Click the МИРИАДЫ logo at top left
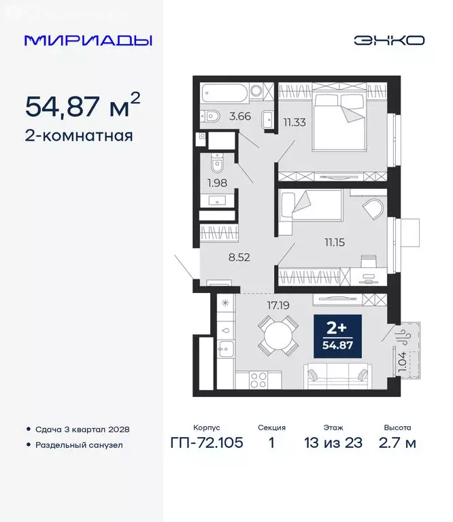tap(88, 40)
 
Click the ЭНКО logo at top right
tap(388, 40)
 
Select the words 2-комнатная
tap(79, 135)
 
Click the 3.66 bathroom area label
tap(240, 116)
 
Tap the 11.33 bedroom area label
tap(295, 122)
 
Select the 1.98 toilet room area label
tap(218, 182)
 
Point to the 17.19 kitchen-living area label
tap(278, 306)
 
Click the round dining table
tap(278, 336)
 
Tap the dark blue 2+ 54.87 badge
tap(337, 336)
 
